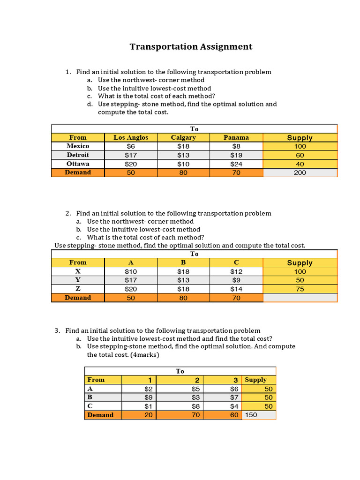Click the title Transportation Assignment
point(191,46)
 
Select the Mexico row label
point(78,146)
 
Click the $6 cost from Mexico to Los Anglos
point(130,146)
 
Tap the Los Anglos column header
point(130,137)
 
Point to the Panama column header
point(236,137)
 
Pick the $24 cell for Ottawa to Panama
point(236,164)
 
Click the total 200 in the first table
point(300,172)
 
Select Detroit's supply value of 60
point(300,155)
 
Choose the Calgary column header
point(183,137)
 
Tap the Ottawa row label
point(78,164)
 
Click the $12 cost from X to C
point(236,271)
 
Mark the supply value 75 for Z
point(300,289)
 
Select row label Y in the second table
point(78,280)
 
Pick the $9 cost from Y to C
point(236,280)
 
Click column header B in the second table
point(183,262)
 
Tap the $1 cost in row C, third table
point(149,406)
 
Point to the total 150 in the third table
point(251,415)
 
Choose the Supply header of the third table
point(255,380)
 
